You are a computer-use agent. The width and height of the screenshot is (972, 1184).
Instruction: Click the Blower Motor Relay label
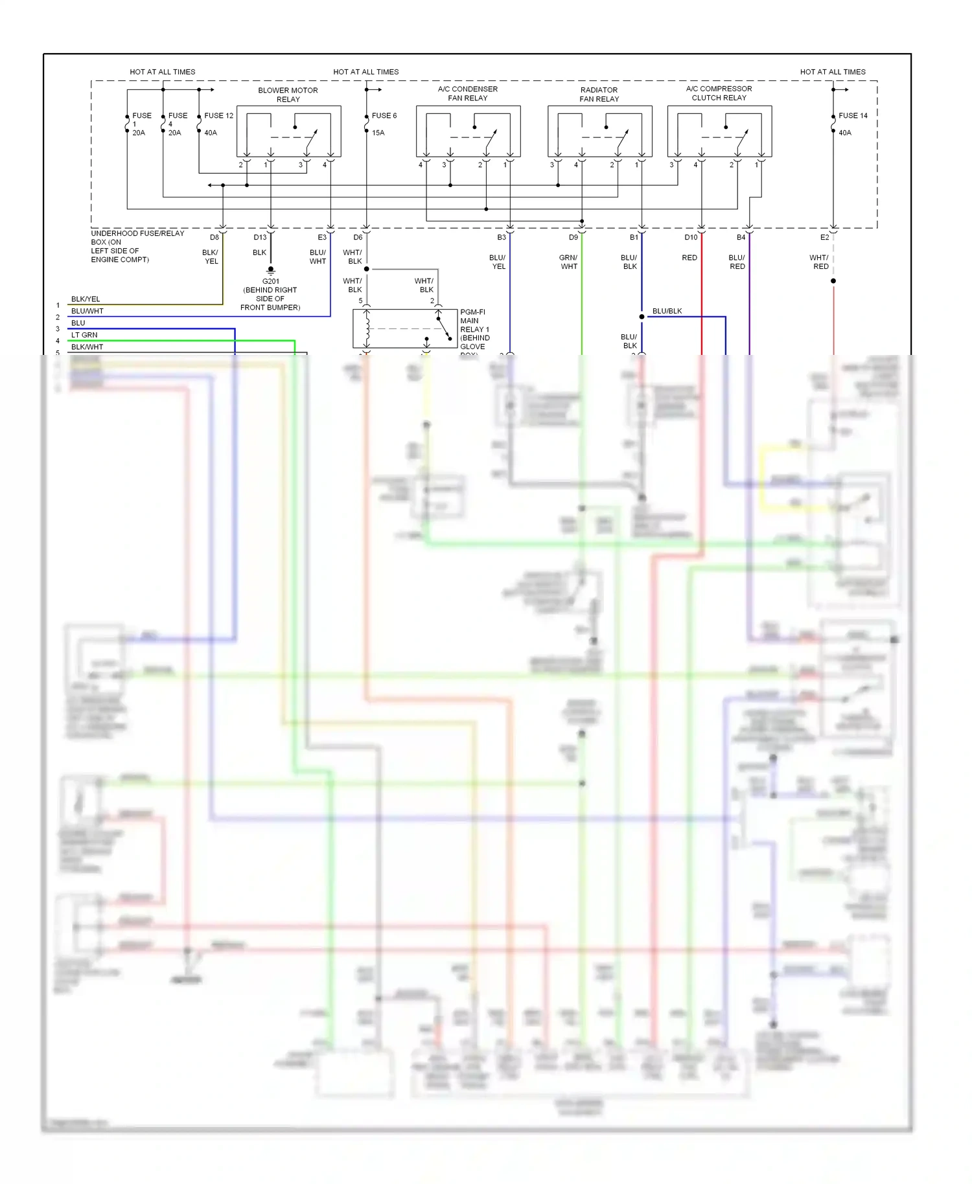tap(288, 95)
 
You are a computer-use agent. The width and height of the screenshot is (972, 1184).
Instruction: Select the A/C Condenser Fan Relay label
tap(467, 93)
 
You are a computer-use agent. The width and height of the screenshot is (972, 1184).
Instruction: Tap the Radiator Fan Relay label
tap(599, 95)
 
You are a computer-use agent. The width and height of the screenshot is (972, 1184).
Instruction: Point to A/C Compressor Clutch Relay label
tap(719, 93)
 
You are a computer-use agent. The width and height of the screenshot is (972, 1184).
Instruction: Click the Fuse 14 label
tap(852, 115)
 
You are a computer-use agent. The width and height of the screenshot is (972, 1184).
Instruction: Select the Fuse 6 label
tap(384, 115)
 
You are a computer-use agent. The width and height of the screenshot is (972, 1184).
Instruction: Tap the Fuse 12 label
tap(218, 115)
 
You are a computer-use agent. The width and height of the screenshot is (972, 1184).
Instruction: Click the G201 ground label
tap(271, 281)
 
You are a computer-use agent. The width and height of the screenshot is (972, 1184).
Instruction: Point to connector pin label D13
tap(260, 237)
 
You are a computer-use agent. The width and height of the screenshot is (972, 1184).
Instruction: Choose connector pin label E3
tap(322, 237)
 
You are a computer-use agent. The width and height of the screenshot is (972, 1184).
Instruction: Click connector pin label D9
tap(573, 237)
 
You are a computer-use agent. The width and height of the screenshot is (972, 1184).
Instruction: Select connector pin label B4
tap(741, 237)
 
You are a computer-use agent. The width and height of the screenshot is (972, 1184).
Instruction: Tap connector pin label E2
tap(824, 237)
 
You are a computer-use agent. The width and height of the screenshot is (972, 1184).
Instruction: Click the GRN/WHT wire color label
tap(568, 262)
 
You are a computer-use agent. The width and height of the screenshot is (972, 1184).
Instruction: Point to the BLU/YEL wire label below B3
tap(498, 262)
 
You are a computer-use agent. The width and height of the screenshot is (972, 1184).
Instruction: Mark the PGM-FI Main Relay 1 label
tap(474, 329)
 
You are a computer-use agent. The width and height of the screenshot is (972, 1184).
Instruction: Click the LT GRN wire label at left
tap(84, 335)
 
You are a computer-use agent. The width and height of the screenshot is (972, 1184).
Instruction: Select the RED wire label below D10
tap(689, 257)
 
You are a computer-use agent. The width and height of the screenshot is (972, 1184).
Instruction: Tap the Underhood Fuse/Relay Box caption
tap(137, 246)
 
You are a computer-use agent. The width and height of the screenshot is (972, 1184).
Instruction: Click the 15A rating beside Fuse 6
tap(378, 133)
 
